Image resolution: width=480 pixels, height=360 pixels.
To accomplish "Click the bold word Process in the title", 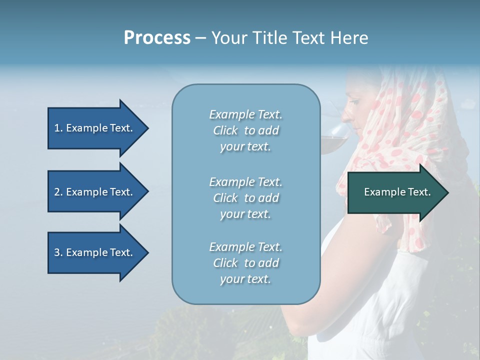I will [x=157, y=38].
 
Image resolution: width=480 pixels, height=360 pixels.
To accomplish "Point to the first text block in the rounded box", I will [x=245, y=130].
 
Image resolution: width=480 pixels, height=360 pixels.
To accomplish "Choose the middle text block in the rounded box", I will [x=245, y=198].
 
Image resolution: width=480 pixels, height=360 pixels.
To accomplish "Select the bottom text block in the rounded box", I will [x=245, y=263].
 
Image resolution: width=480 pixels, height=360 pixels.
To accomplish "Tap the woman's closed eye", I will [x=352, y=102].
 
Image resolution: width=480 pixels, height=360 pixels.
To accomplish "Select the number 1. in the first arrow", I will [x=58, y=128].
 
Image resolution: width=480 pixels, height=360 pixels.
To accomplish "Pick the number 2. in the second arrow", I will [x=58, y=192].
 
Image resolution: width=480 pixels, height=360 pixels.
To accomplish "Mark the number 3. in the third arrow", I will [x=58, y=252].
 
